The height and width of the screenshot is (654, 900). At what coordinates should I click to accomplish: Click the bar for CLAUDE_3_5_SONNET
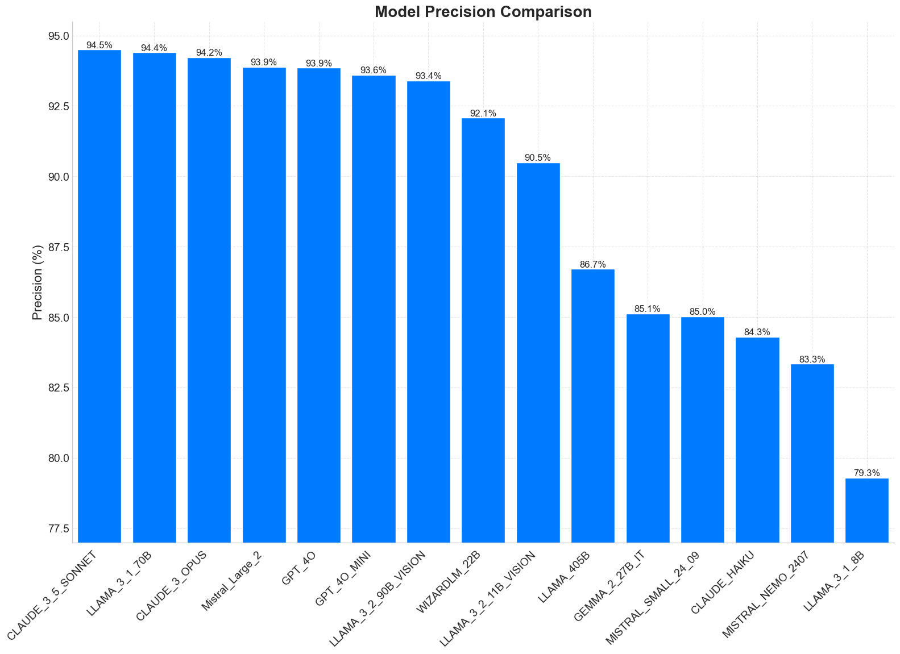point(99,295)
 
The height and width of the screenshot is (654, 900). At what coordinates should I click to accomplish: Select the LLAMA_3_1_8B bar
point(866,510)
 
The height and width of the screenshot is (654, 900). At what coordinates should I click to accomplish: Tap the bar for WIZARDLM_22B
point(483,330)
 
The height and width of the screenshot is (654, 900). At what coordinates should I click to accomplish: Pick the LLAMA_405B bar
point(592,405)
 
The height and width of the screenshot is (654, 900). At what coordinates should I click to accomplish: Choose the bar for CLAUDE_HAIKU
point(757,439)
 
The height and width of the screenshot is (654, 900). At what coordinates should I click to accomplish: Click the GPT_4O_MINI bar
point(374,309)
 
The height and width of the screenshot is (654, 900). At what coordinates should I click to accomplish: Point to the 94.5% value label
point(99,45)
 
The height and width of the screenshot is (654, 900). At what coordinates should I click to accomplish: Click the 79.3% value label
point(866,473)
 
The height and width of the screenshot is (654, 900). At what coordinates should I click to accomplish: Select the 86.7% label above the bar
point(592,265)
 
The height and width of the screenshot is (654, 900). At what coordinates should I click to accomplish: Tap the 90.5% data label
point(538,158)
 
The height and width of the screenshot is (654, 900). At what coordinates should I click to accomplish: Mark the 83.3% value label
point(812,360)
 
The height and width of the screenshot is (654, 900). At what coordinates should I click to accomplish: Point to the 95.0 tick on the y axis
point(59,36)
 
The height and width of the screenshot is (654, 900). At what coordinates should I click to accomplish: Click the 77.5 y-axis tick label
point(59,529)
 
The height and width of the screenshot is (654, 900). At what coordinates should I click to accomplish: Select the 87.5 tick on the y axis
point(59,247)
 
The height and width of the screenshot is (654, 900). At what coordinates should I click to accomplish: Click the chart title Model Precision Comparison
point(483,12)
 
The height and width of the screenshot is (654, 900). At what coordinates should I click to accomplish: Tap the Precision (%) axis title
point(38,282)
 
